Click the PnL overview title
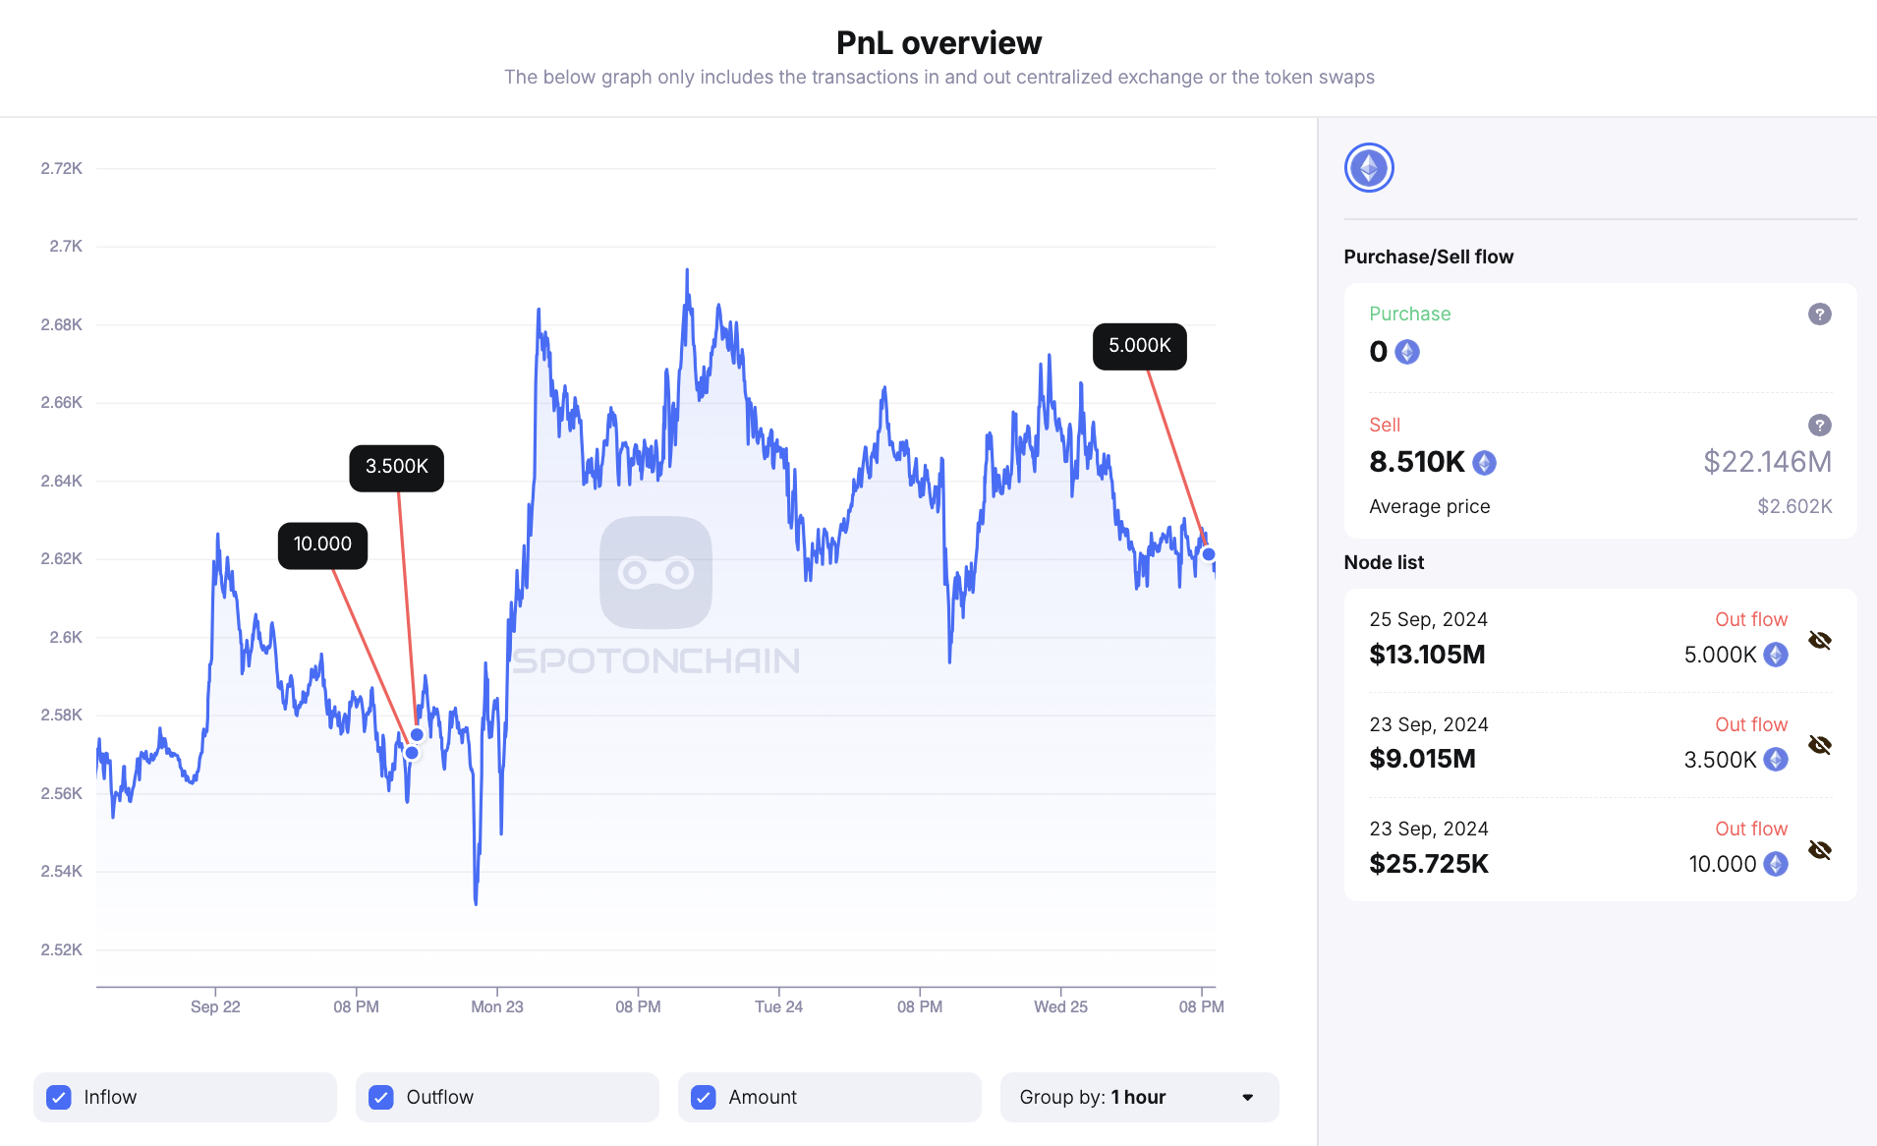pyautogui.click(x=938, y=43)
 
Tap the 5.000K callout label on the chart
pyautogui.click(x=1139, y=346)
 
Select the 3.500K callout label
pyautogui.click(x=396, y=467)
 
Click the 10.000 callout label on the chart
pyautogui.click(x=322, y=544)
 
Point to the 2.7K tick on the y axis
pyautogui.click(x=66, y=247)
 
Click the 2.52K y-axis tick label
pyautogui.click(x=61, y=949)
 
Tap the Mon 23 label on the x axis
pyautogui.click(x=496, y=1006)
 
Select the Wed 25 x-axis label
pyautogui.click(x=1060, y=1006)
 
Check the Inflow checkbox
pyautogui.click(x=59, y=1097)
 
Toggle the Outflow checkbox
pyautogui.click(x=381, y=1097)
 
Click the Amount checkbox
pyautogui.click(x=704, y=1097)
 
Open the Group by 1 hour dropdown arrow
pyautogui.click(x=1247, y=1097)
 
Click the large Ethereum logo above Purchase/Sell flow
pyautogui.click(x=1369, y=168)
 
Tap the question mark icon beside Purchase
pyautogui.click(x=1819, y=315)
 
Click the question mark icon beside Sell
pyautogui.click(x=1819, y=426)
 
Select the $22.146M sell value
pyautogui.click(x=1767, y=462)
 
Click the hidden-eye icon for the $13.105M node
pyautogui.click(x=1819, y=641)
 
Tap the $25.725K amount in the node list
pyautogui.click(x=1429, y=864)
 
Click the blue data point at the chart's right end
pyautogui.click(x=1209, y=554)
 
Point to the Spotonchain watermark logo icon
pyautogui.click(x=655, y=572)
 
